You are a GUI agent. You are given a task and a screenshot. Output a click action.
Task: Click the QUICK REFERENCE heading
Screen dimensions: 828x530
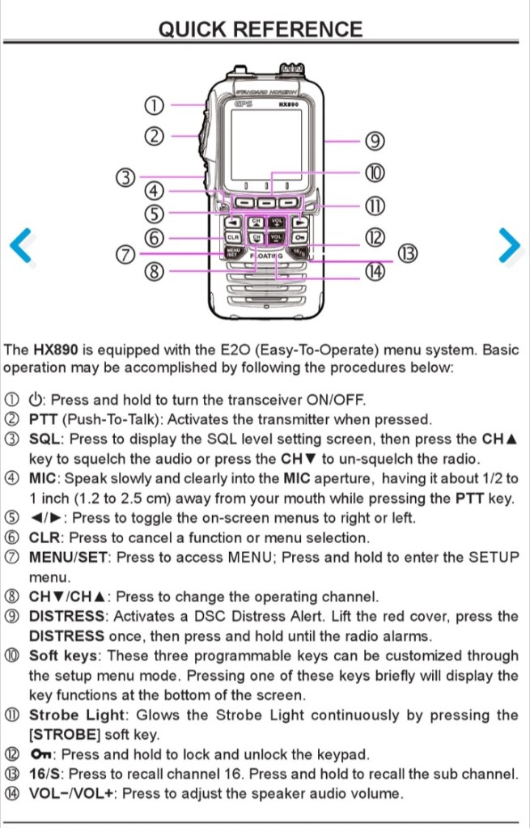[x=261, y=29]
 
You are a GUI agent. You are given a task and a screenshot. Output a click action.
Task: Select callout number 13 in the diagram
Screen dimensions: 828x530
[x=406, y=254]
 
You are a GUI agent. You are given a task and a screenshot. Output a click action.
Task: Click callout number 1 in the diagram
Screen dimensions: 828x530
[x=155, y=105]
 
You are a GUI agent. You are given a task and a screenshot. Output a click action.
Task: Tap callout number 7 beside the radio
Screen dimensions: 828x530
[x=125, y=255]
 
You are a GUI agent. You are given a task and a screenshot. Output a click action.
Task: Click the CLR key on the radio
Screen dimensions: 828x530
[x=233, y=238]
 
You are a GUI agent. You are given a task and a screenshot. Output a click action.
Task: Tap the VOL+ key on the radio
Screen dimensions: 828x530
[x=276, y=222]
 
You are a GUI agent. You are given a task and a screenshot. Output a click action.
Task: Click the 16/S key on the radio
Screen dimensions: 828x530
[x=299, y=253]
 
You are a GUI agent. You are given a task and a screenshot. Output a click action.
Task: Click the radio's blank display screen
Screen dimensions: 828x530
[x=266, y=144]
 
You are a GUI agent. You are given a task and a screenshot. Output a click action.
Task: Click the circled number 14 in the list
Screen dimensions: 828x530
[x=12, y=793]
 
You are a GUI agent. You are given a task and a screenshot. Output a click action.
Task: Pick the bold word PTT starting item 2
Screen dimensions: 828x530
[x=43, y=419]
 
